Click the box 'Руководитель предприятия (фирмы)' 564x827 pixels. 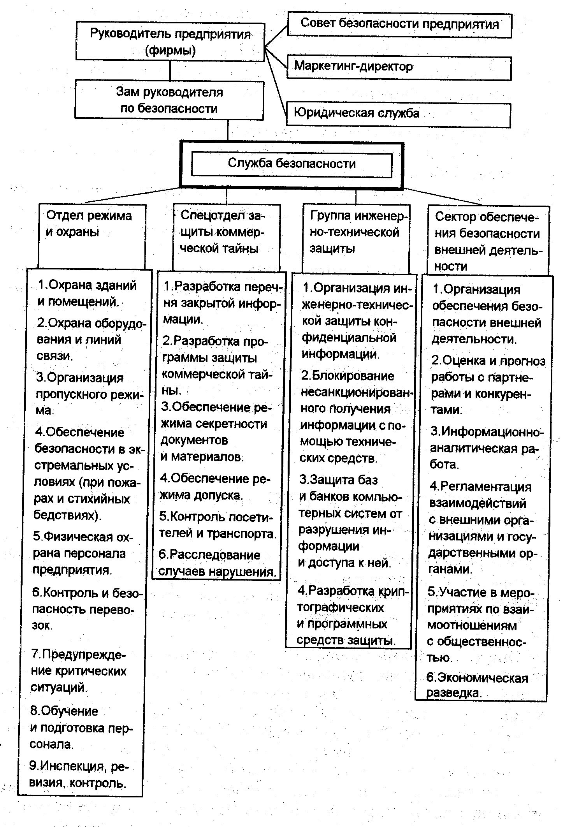point(170,42)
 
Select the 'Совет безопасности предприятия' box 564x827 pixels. point(399,25)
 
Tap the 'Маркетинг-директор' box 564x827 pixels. point(399,67)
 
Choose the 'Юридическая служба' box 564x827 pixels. point(398,114)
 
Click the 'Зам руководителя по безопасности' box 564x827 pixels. point(169,100)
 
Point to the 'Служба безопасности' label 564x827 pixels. point(292,164)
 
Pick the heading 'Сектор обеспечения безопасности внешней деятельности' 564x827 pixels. point(487,241)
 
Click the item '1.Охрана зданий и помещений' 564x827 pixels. point(87,294)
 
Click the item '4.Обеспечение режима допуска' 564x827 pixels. point(214,487)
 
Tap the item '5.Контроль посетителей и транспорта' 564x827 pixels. point(216,525)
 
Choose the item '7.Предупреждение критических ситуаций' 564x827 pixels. point(79,671)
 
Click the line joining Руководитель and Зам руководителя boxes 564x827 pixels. point(170,70)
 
